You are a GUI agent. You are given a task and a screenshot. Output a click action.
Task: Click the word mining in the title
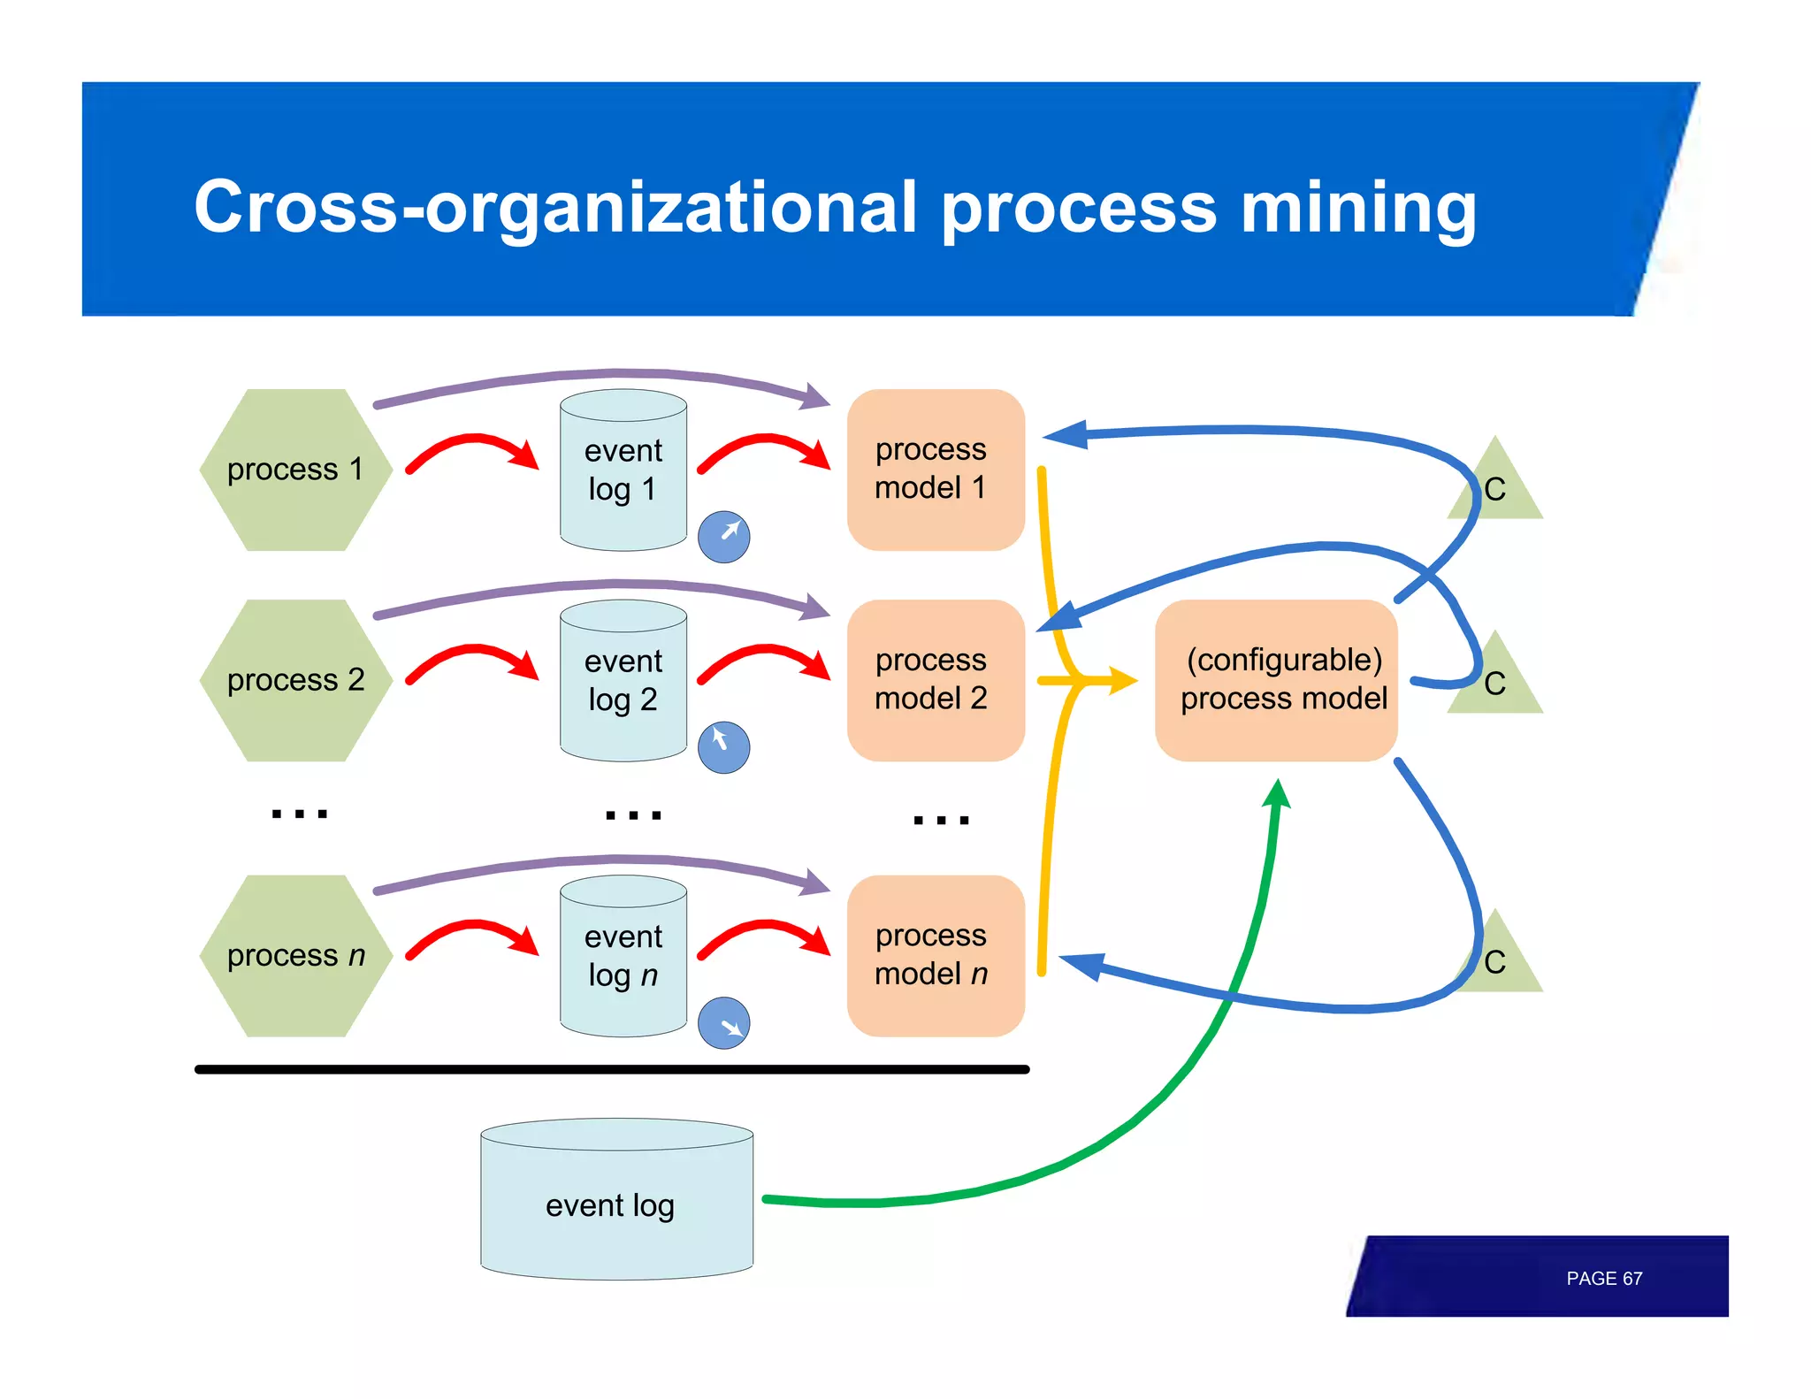pyautogui.click(x=1357, y=208)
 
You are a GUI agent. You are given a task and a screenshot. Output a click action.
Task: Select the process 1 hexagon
pyautogui.click(x=295, y=470)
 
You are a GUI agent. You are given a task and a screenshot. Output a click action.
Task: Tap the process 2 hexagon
pyautogui.click(x=295, y=680)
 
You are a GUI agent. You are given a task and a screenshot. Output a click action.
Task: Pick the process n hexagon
pyautogui.click(x=295, y=956)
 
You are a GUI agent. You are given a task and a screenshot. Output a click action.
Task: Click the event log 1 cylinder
pyautogui.click(x=623, y=470)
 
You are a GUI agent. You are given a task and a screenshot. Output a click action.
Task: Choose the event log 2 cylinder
pyautogui.click(x=623, y=681)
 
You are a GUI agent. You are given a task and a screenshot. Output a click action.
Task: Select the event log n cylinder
pyautogui.click(x=623, y=956)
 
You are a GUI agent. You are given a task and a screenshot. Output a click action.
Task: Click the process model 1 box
pyautogui.click(x=935, y=470)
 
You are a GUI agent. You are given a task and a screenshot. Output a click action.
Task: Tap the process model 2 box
pyautogui.click(x=935, y=680)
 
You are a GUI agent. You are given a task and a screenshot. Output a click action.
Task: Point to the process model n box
pyautogui.click(x=935, y=956)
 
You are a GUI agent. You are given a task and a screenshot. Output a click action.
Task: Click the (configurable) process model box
pyautogui.click(x=1276, y=680)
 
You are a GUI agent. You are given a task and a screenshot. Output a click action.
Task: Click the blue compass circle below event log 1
pyautogui.click(x=723, y=536)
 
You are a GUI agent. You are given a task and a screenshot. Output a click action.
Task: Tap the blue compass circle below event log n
pyautogui.click(x=723, y=1023)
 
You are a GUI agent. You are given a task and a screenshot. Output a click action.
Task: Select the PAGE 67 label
pyautogui.click(x=1603, y=1279)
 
